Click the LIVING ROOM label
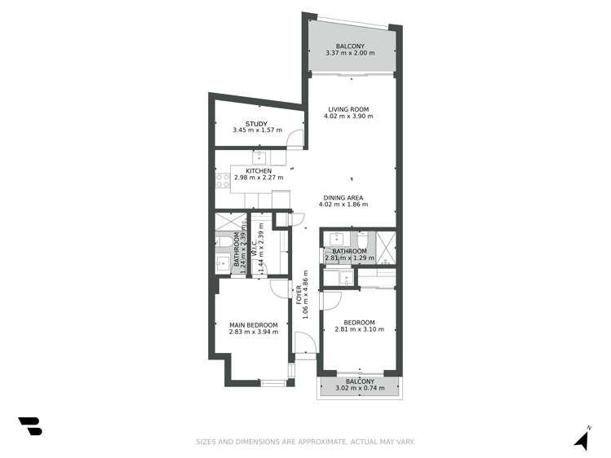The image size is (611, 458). (x=349, y=109)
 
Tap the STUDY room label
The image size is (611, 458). (x=257, y=123)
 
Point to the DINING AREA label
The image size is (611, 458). (x=351, y=196)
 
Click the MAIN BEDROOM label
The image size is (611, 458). (x=254, y=325)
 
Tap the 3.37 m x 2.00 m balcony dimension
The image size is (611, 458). (x=350, y=53)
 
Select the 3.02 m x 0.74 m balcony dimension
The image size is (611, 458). (x=360, y=388)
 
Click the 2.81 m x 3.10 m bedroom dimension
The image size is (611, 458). (x=360, y=329)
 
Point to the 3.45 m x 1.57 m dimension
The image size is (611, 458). (x=257, y=130)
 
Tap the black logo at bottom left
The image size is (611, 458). (x=30, y=425)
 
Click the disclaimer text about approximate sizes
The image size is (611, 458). (x=305, y=442)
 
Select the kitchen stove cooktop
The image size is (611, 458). (x=222, y=180)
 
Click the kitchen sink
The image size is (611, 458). (x=262, y=158)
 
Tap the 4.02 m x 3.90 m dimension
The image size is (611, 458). (x=349, y=117)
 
